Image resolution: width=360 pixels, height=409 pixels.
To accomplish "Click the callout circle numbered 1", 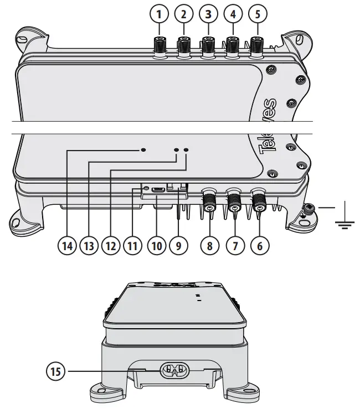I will pos(160,12).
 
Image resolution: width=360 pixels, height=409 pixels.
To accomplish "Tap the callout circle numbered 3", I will pos(208,12).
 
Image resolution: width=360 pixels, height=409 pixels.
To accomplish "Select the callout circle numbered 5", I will pos(256,12).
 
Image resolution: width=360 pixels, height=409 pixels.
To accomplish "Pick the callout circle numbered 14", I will pos(68,246).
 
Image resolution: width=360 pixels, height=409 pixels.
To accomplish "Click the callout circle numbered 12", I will pos(111,246).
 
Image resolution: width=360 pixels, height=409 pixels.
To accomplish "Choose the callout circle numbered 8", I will pos(209,246).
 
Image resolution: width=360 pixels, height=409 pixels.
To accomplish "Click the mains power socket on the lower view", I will pos(175,371).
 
